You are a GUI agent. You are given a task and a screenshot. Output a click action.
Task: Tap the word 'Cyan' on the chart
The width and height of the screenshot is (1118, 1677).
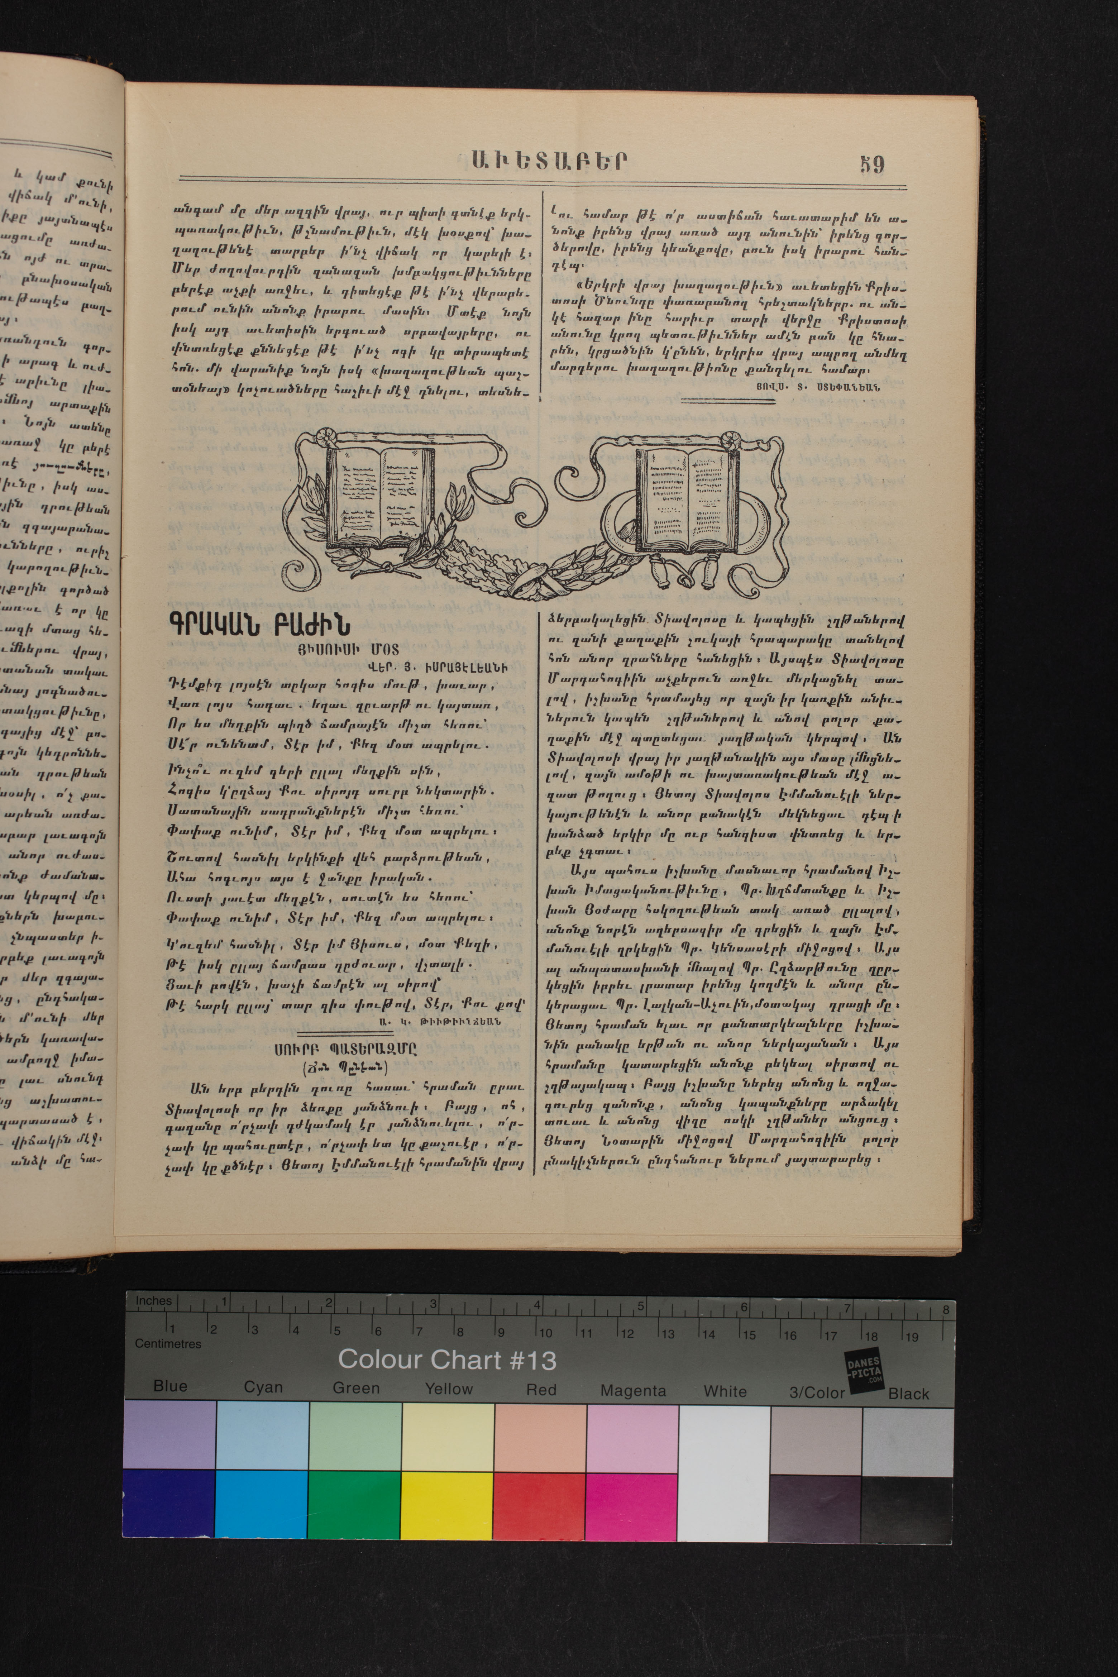point(263,1387)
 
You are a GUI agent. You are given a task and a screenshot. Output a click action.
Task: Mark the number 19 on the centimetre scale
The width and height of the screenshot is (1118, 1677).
point(911,1337)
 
